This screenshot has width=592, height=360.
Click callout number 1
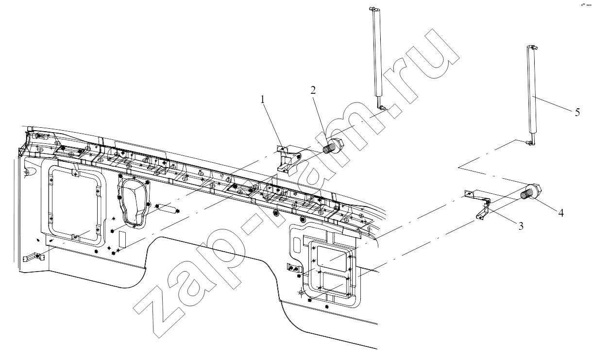262,100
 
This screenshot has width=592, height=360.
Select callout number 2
313,90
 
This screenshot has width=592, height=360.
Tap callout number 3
521,226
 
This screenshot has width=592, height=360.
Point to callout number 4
561,213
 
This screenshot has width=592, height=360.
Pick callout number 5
577,112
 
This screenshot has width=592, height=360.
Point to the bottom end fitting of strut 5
530,143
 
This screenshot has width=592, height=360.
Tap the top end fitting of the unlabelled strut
375,10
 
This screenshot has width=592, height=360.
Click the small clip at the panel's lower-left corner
33,257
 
